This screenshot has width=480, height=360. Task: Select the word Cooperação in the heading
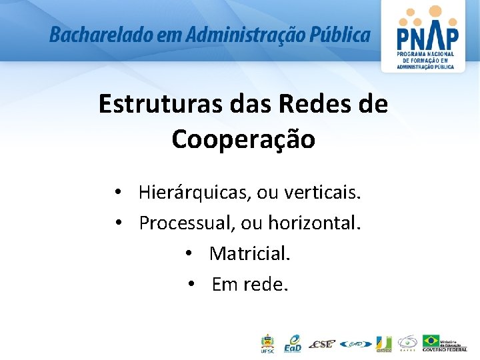[x=243, y=139]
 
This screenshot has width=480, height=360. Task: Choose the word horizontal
[x=314, y=223]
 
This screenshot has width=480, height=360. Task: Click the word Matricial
[x=250, y=253]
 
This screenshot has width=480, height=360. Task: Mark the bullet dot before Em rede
[x=191, y=285]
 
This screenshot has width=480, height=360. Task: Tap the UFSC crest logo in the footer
[x=266, y=343]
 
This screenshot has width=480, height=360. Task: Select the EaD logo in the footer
[x=293, y=343]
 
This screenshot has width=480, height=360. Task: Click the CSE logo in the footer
[x=322, y=344]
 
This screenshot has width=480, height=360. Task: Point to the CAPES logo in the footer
[x=407, y=343]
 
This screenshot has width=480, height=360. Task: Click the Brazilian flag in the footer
[x=431, y=341]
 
